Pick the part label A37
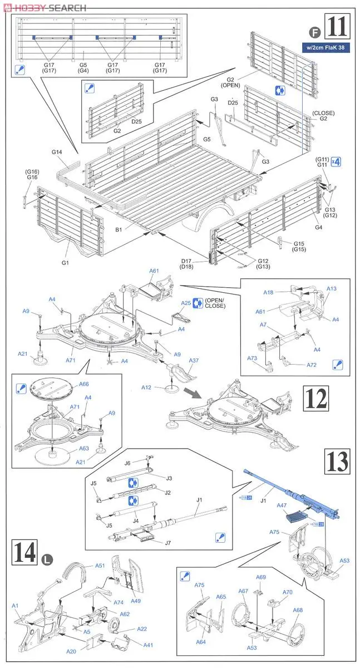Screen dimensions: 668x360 click(x=194, y=361)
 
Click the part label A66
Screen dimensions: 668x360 click(x=84, y=384)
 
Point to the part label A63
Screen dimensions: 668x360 click(x=84, y=448)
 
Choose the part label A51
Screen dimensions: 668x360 click(x=100, y=565)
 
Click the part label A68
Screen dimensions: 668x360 click(x=298, y=611)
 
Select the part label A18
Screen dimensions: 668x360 click(x=269, y=292)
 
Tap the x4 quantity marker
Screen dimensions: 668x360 click(x=335, y=161)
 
